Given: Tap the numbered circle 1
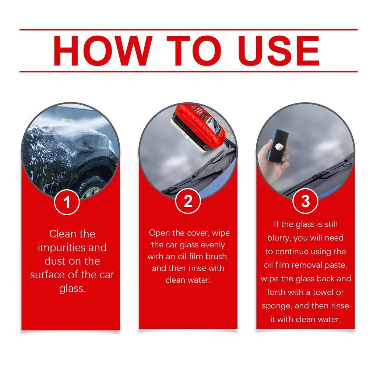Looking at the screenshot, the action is [67, 202].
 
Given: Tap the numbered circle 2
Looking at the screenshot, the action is [188, 201].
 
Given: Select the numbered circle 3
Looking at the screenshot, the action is [305, 201].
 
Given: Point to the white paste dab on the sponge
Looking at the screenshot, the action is [280, 146].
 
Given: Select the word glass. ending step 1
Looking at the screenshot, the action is [72, 289].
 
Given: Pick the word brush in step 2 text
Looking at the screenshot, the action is [217, 256].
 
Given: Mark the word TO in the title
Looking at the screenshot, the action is [194, 51].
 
